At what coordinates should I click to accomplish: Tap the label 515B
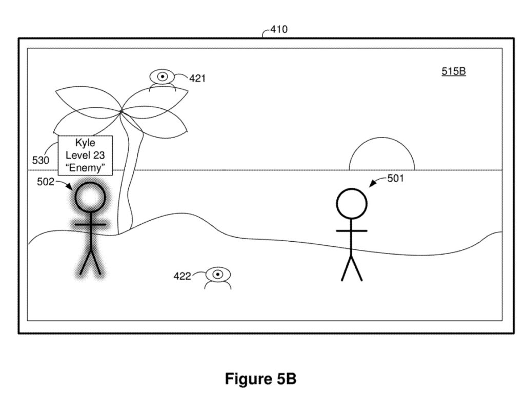point(453,72)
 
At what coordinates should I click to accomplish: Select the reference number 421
point(197,79)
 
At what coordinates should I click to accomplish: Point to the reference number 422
point(182,277)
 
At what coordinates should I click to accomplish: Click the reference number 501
point(395,179)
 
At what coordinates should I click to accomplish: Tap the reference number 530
point(41,161)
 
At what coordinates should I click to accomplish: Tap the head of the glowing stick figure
point(90,198)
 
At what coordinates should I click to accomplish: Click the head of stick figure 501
point(351,203)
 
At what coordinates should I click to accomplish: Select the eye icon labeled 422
point(218,275)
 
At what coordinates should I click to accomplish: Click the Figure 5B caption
point(260,379)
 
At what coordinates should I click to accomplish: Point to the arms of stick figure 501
point(351,231)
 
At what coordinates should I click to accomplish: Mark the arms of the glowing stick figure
point(90,225)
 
